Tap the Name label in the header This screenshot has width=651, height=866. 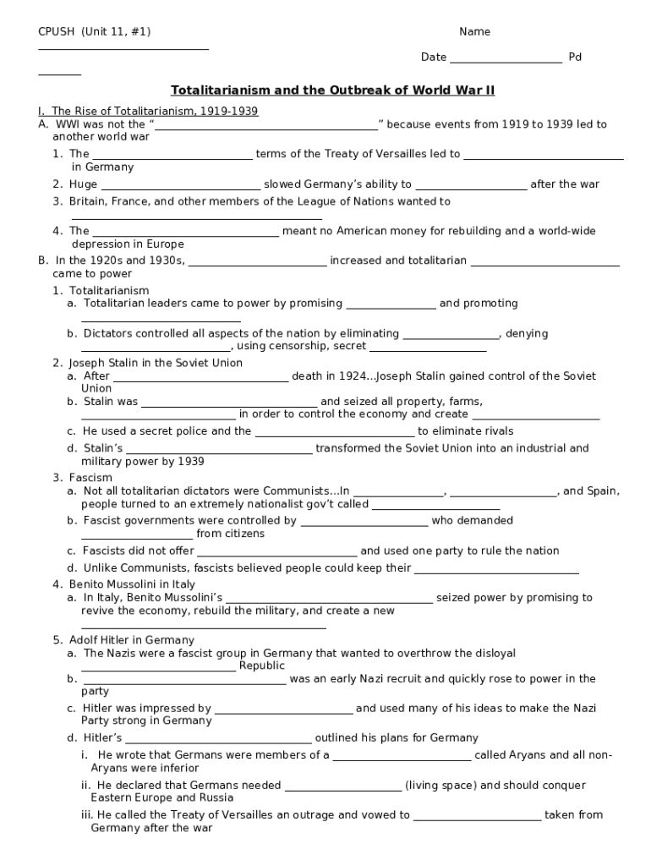pos(474,32)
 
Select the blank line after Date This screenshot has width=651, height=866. pos(506,61)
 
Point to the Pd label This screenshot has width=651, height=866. pos(575,58)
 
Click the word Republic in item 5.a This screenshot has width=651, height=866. pos(262,666)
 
